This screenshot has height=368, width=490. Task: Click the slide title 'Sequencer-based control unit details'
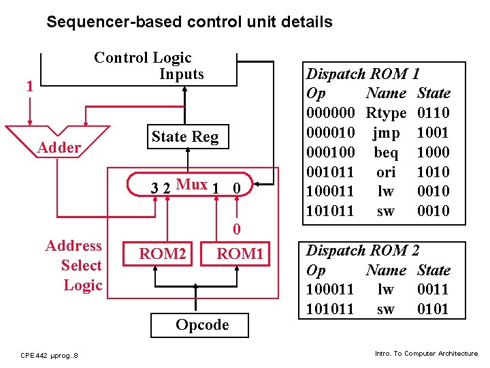pos(189,22)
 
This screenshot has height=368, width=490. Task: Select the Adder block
pos(59,147)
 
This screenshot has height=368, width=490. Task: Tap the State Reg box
pos(185,137)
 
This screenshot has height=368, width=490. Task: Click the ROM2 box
pos(163,254)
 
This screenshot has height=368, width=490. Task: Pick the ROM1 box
pos(240,254)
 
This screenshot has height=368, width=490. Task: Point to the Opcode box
pos(202,325)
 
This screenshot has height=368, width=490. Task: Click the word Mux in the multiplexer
pos(191,184)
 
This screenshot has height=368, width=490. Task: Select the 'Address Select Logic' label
pos(73,266)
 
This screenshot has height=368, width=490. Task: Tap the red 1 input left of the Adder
pos(29,87)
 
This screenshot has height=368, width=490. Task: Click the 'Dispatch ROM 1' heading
pos(363,74)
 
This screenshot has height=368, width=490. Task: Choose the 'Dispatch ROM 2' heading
pos(363,250)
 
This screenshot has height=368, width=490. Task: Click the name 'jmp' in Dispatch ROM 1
pos(386,132)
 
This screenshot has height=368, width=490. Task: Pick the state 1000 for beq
pos(433,152)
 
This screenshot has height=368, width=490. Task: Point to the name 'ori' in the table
pos(386,172)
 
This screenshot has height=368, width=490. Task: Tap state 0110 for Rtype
pos(433,112)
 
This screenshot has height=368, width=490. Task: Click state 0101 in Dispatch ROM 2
pos(433,309)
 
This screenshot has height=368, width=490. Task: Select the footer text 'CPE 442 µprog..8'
pos(49,355)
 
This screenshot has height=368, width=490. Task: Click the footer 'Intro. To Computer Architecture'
pos(426,353)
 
